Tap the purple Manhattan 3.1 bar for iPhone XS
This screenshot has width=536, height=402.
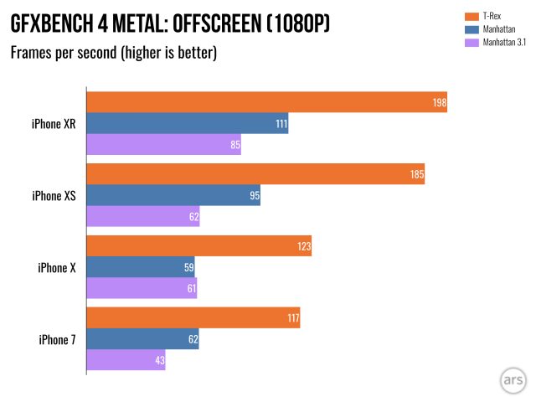pos(143,217)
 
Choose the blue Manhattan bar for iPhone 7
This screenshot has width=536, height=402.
pos(143,339)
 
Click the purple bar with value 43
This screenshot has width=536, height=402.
pos(126,360)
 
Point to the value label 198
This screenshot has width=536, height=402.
pos(439,104)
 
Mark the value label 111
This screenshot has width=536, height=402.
pos(281,125)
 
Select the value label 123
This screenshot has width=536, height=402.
pos(303,247)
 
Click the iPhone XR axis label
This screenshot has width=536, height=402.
pos(53,124)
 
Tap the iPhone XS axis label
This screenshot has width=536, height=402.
pos(53,196)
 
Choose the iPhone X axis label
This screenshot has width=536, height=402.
pos(56,268)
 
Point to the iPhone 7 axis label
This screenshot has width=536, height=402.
pos(56,339)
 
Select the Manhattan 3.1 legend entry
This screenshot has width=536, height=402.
pos(502,42)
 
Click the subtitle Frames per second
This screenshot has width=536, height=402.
pos(64,54)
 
